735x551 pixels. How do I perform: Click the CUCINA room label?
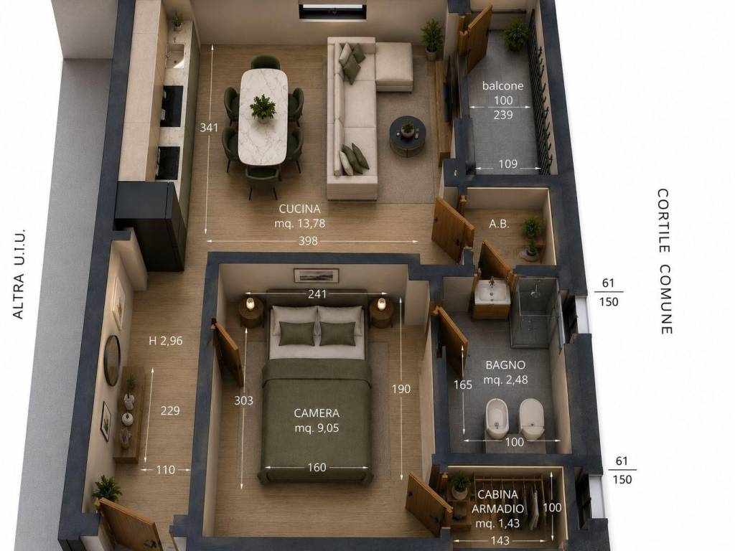[x=299, y=209]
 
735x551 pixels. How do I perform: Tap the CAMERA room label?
[x=317, y=413]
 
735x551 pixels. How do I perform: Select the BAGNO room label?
[x=505, y=364]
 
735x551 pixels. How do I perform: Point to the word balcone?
[x=502, y=86]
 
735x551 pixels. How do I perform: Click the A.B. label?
[x=499, y=224]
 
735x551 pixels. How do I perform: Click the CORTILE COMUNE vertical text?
[x=665, y=261]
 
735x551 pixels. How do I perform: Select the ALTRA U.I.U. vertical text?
[x=18, y=274]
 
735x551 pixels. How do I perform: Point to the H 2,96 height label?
[x=166, y=341]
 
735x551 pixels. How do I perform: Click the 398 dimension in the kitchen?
[x=308, y=241]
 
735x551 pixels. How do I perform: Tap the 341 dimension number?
[x=209, y=128]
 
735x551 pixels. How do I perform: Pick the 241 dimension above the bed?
[x=317, y=294]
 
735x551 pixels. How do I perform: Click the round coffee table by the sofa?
[x=408, y=134]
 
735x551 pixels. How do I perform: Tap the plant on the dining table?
[x=263, y=108]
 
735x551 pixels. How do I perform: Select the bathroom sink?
[x=491, y=293]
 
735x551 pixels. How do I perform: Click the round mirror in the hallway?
[x=111, y=360]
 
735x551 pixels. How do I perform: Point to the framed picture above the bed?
[x=316, y=275]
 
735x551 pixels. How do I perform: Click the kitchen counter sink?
[x=175, y=56]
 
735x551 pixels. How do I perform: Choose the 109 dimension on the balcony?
[x=507, y=164]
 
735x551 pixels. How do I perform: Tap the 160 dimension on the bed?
[x=317, y=467]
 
